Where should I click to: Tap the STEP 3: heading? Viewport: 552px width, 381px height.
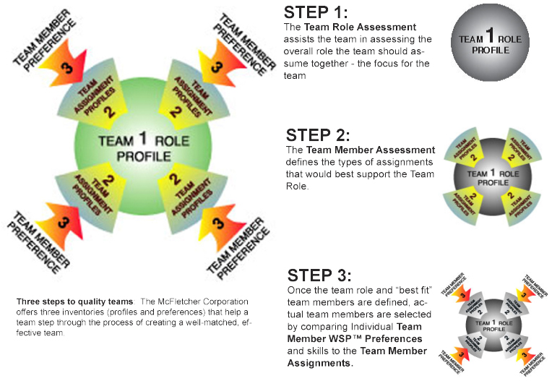tap(319, 275)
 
